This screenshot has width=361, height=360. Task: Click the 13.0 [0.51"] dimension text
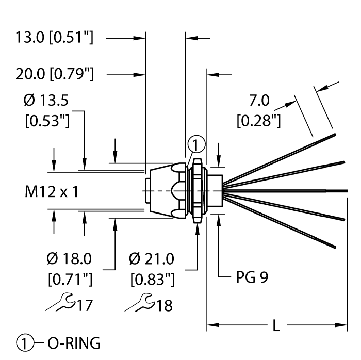pyautogui.click(x=54, y=38)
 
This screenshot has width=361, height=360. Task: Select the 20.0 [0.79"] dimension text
pyautogui.click(x=54, y=74)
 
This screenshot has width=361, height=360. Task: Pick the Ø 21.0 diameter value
pyautogui.click(x=152, y=258)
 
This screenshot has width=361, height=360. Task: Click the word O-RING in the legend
pyautogui.click(x=72, y=342)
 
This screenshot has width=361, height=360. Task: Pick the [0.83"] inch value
pyautogui.click(x=152, y=280)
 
